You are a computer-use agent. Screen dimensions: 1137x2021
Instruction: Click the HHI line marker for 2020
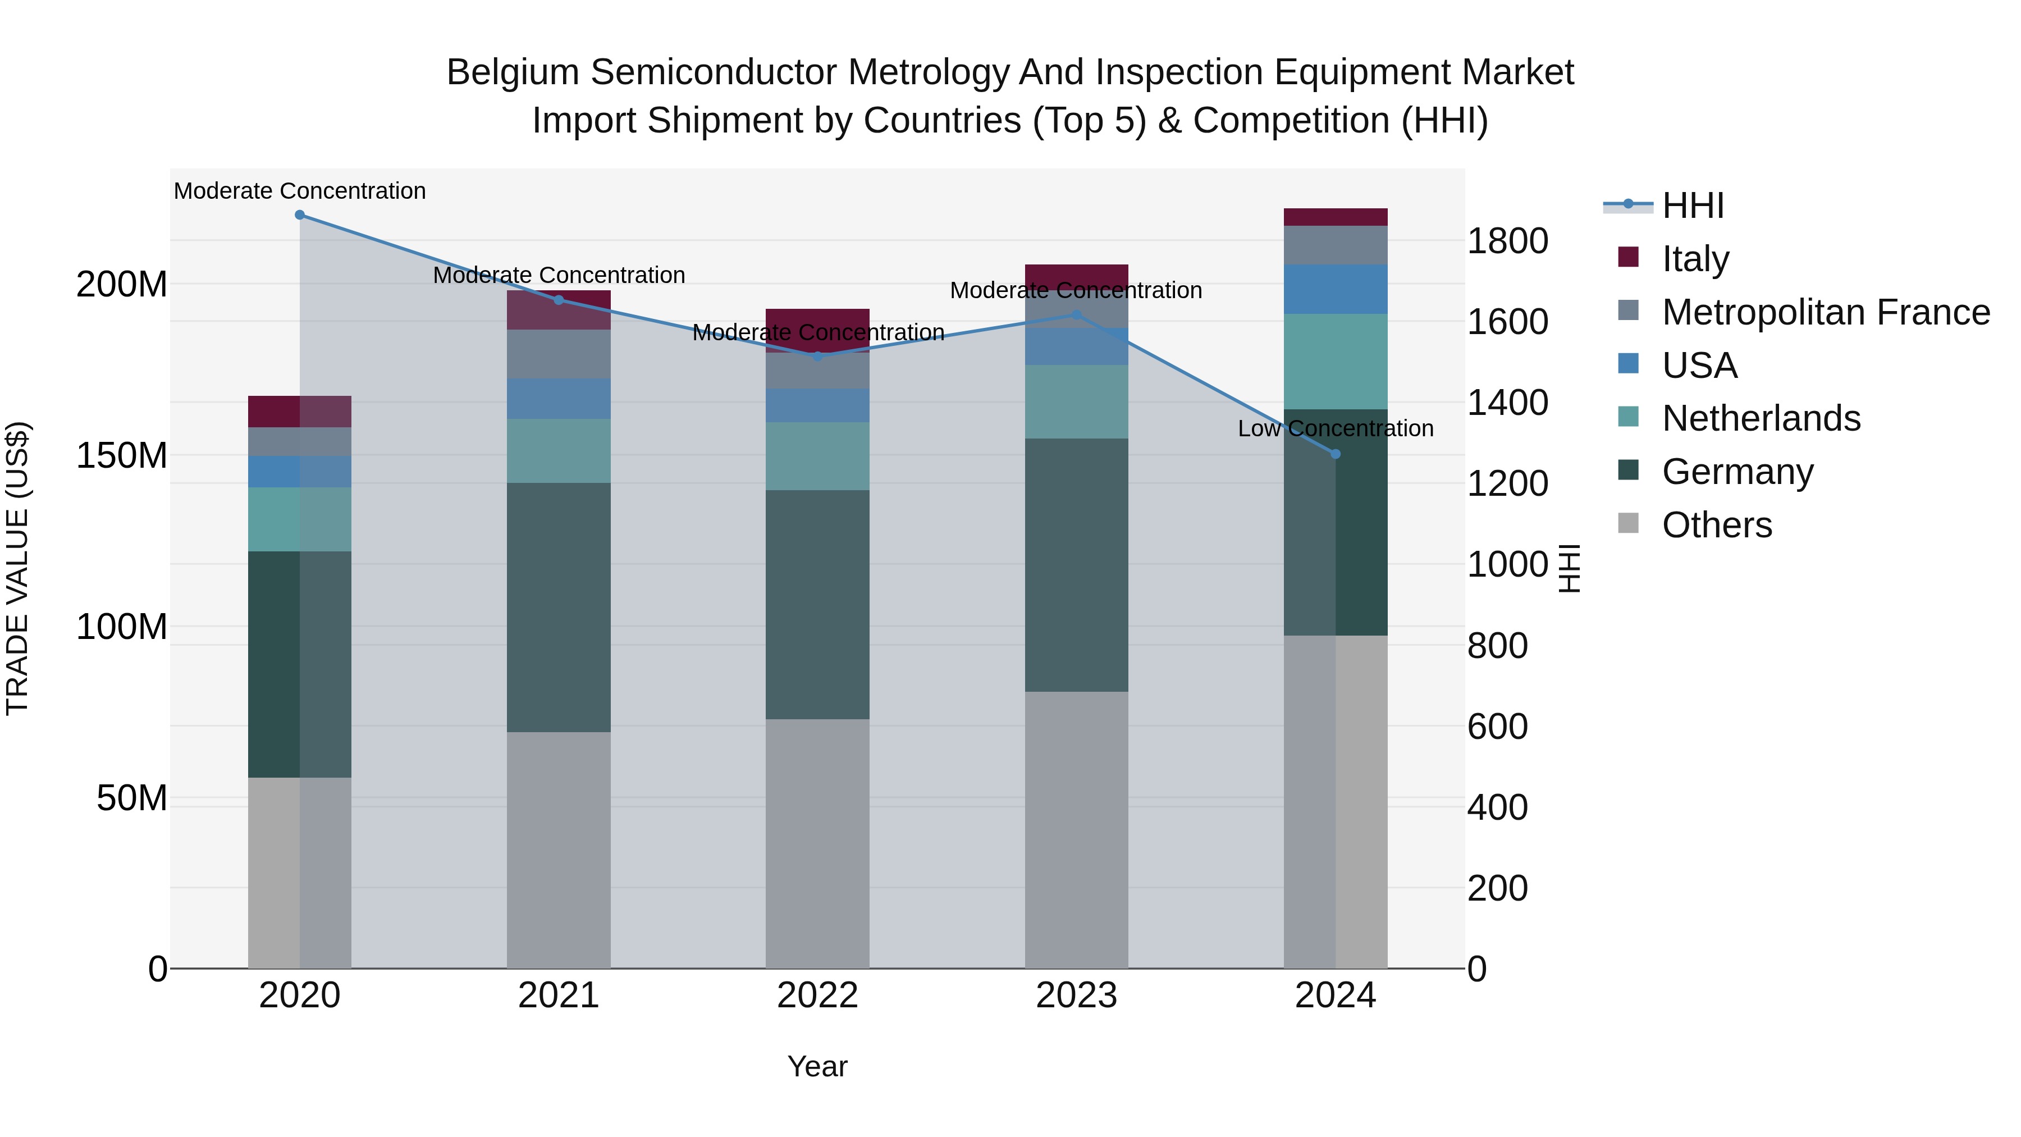coord(300,215)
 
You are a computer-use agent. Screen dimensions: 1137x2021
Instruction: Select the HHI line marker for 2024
coord(1336,454)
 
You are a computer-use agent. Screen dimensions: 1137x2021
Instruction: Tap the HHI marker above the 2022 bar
coord(817,356)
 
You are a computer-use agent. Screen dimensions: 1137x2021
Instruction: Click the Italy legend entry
coord(1695,259)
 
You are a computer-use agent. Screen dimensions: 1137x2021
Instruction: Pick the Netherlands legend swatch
coord(1629,417)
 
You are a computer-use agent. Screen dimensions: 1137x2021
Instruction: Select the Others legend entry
coord(1716,525)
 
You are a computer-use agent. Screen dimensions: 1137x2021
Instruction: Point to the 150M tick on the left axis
coord(122,455)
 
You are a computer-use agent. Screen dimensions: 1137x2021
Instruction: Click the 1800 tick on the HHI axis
coord(1507,241)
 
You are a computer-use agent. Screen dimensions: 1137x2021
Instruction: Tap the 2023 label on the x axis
coord(1076,996)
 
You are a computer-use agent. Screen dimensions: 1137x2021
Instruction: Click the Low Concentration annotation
coord(1336,428)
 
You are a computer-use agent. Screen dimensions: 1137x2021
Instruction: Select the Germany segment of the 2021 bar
coord(559,608)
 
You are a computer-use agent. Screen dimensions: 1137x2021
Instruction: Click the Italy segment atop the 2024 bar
coord(1336,217)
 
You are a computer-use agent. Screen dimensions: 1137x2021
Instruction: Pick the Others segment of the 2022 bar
coord(817,843)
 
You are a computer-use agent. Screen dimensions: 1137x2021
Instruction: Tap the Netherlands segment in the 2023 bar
coord(1076,402)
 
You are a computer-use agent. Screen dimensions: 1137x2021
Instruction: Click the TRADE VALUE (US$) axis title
coord(17,568)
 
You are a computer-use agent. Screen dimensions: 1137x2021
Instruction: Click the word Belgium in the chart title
coord(513,73)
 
